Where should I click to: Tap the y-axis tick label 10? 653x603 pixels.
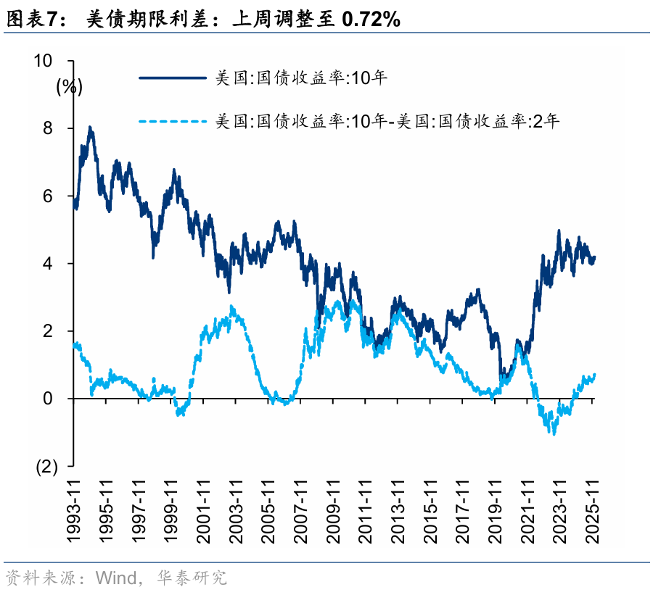[44, 61]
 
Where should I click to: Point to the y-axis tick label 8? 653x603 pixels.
[48, 128]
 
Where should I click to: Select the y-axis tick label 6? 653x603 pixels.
[48, 196]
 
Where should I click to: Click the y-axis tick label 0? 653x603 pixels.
[48, 399]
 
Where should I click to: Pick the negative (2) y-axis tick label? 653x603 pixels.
[45, 467]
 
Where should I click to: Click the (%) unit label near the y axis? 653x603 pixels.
[70, 87]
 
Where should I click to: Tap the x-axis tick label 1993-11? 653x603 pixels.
[74, 511]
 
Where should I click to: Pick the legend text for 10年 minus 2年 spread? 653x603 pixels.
[387, 120]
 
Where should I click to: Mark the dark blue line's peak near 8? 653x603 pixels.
[90, 128]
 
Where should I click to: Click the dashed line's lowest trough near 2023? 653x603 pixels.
[554, 433]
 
